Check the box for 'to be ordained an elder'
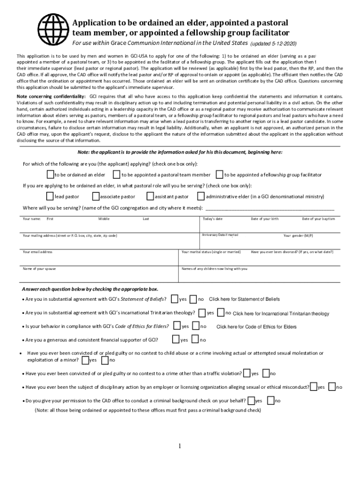[x=50, y=174]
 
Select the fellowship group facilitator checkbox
[x=219, y=174]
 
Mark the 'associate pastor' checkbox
[x=96, y=196]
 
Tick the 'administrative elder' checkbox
[x=202, y=196]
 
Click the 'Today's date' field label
[x=213, y=219]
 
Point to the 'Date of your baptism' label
[x=318, y=219]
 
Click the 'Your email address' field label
[x=37, y=252]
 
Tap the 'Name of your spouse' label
[x=39, y=269]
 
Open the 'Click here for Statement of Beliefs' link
[x=245, y=299]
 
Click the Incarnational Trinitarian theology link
[x=281, y=313]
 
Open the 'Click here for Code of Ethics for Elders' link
[x=256, y=327]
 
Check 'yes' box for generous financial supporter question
[x=176, y=339]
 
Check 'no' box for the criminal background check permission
[x=271, y=400]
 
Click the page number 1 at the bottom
[x=179, y=446]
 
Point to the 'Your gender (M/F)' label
[x=298, y=235]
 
